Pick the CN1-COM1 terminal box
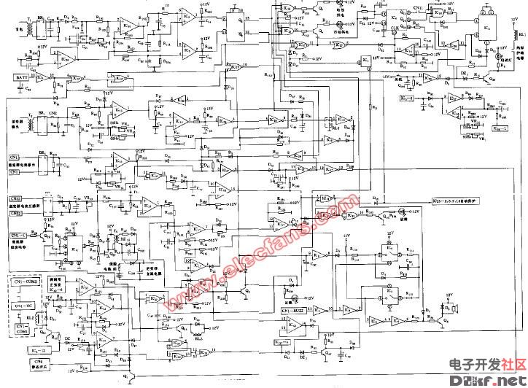[23, 330]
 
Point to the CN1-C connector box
[20, 235]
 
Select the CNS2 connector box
[16, 198]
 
